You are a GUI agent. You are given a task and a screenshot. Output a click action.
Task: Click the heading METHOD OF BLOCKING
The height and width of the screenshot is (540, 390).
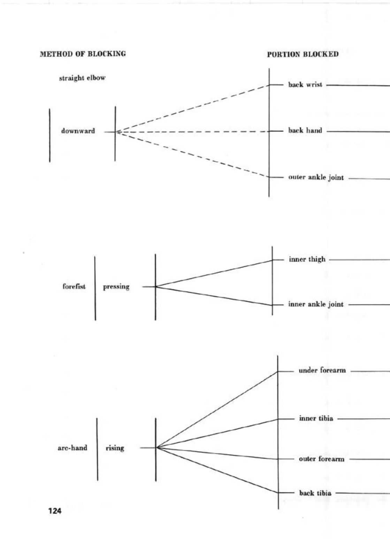pyautogui.click(x=83, y=54)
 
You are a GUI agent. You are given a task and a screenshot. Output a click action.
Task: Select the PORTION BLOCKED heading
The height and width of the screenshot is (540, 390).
pyautogui.click(x=303, y=54)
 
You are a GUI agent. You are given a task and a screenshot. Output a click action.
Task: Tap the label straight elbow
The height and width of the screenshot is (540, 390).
pyautogui.click(x=82, y=78)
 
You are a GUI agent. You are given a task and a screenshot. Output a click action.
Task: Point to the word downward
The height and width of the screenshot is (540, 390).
pyautogui.click(x=78, y=131)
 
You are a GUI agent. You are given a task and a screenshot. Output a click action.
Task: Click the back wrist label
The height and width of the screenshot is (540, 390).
pyautogui.click(x=305, y=85)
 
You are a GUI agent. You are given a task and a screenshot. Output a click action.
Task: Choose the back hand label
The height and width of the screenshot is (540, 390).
pyautogui.click(x=305, y=131)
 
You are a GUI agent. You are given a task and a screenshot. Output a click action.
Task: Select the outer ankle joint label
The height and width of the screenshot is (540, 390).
pyautogui.click(x=316, y=178)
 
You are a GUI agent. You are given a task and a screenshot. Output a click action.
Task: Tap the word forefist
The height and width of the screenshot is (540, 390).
pyautogui.click(x=74, y=287)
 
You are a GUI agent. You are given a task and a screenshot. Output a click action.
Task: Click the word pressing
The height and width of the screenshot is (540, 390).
pyautogui.click(x=116, y=287)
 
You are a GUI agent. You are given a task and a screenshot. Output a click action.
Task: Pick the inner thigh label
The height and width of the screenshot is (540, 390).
pyautogui.click(x=307, y=259)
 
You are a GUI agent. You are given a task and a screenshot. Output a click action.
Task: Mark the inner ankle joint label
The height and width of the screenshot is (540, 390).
pyautogui.click(x=316, y=304)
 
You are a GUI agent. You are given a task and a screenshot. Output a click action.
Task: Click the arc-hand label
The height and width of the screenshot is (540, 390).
pyautogui.click(x=72, y=448)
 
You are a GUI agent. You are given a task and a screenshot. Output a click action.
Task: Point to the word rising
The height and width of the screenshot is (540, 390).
pyautogui.click(x=115, y=448)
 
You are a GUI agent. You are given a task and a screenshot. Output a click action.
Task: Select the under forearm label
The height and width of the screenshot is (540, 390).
pyautogui.click(x=322, y=370)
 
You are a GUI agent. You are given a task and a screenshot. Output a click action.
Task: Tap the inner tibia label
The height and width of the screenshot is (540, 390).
pyautogui.click(x=316, y=418)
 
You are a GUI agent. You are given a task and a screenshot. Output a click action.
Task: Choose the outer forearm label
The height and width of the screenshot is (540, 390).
pyautogui.click(x=321, y=459)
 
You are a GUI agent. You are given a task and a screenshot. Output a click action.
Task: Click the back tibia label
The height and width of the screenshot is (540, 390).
pyautogui.click(x=315, y=493)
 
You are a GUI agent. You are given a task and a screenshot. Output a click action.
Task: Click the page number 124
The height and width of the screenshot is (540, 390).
pyautogui.click(x=55, y=511)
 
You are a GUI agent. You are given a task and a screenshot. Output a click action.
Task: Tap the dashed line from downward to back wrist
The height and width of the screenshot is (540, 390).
pyautogui.click(x=192, y=108)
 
